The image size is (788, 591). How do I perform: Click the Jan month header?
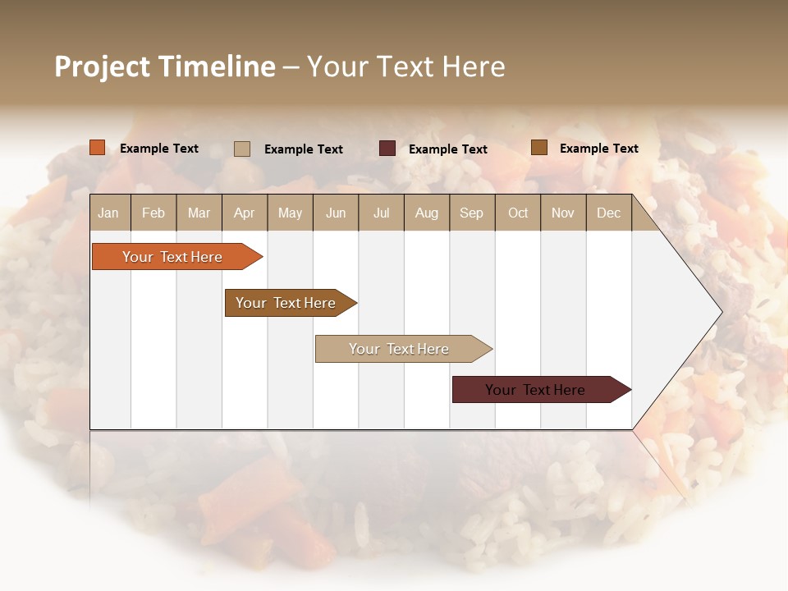click(x=109, y=213)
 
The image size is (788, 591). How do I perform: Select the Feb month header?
click(x=153, y=213)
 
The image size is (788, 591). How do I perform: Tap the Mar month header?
click(x=199, y=213)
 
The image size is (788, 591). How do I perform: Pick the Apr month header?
click(x=245, y=213)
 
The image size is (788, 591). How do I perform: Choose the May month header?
click(x=290, y=213)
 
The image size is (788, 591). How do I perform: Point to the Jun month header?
click(x=336, y=213)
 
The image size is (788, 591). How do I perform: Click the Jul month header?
click(x=381, y=213)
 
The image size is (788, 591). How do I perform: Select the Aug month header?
click(x=427, y=213)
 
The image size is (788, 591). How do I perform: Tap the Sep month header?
click(x=472, y=213)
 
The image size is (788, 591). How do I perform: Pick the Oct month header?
click(x=518, y=213)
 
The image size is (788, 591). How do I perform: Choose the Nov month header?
click(x=563, y=213)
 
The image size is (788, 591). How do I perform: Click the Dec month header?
click(x=609, y=213)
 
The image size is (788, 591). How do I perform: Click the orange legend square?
click(x=98, y=148)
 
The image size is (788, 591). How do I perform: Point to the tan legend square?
click(x=242, y=149)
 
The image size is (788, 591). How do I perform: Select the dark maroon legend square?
click(x=387, y=149)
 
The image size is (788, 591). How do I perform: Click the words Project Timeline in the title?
click(x=165, y=66)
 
